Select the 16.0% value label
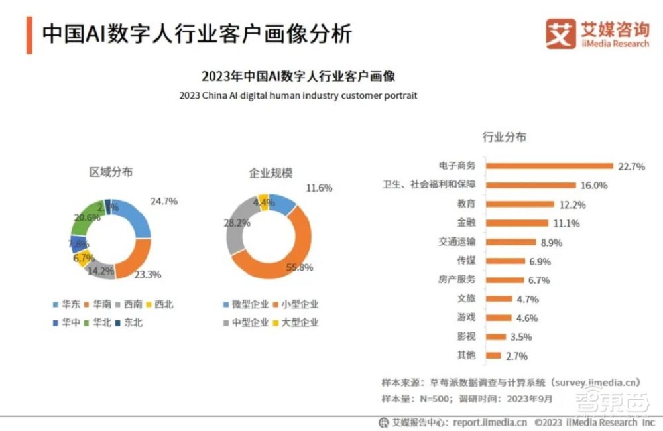[x=594, y=185]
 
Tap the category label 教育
[x=466, y=204]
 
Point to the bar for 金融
[x=516, y=223]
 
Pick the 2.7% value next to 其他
[x=516, y=356]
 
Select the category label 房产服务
[x=457, y=280]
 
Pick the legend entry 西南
[x=127, y=305]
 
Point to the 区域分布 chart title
[x=111, y=172]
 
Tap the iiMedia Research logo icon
[x=560, y=34]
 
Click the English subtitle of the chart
[x=298, y=95]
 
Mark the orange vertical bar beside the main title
[x=29, y=35]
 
